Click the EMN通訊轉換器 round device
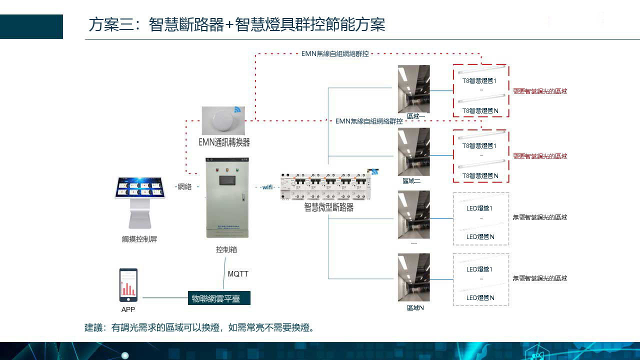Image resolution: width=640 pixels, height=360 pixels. coord(223,120)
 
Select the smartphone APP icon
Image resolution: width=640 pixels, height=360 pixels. coord(128,285)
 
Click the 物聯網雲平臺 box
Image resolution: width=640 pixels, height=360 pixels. coord(219,298)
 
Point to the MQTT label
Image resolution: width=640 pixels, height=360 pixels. coord(238,274)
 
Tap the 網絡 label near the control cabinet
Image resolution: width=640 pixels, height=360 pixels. coord(184,186)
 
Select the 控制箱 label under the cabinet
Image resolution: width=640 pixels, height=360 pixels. coord(226,249)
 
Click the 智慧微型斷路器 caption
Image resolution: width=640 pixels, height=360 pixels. coord(328,207)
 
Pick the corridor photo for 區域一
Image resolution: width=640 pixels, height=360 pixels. coord(413,89)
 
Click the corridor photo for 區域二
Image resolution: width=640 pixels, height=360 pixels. coord(413,151)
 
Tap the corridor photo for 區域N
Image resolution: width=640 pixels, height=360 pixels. coord(413,277)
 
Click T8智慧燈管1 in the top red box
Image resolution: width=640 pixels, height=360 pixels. coord(479,80)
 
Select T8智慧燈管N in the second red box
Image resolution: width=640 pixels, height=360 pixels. coord(480,176)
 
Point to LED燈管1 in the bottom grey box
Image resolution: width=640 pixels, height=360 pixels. coord(479,269)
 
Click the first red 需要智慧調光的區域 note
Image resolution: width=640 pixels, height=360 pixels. coord(540,91)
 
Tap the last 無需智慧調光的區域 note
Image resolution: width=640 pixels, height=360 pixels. coord(540,278)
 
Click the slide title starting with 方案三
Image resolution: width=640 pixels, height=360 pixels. coord(236,24)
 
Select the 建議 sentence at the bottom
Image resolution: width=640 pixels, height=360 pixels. coord(199,328)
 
